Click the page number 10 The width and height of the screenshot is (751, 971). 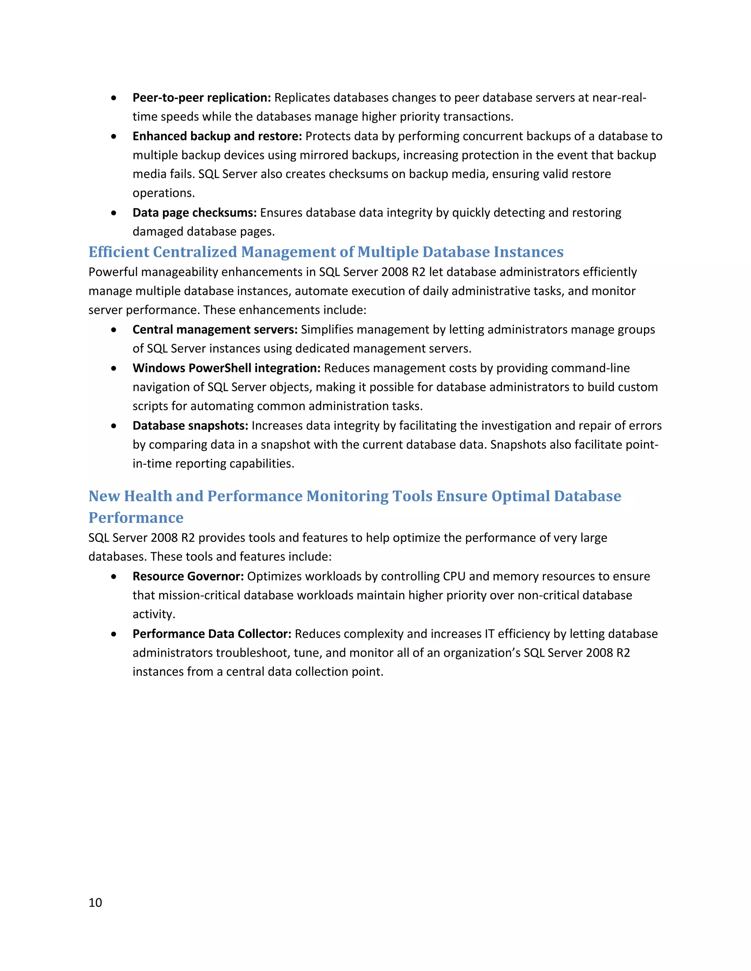tap(95, 902)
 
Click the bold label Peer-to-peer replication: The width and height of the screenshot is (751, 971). tap(202, 97)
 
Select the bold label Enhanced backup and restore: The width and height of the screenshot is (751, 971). tap(217, 136)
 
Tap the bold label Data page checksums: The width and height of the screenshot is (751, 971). tap(194, 213)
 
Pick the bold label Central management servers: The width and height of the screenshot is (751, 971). tap(215, 329)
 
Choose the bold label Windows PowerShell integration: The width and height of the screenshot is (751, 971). tap(227, 368)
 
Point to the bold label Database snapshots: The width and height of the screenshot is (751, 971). tap(190, 425)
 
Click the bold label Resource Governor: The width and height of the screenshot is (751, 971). tap(188, 576)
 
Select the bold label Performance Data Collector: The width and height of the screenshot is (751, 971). tap(212, 634)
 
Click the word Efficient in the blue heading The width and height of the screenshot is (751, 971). tap(118, 252)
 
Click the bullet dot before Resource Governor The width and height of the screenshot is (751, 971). tap(114, 577)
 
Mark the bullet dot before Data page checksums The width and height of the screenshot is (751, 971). tap(114, 213)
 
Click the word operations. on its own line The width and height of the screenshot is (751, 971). tap(164, 193)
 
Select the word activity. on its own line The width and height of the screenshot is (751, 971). tap(154, 614)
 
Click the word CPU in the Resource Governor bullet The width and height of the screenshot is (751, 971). tap(454, 576)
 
